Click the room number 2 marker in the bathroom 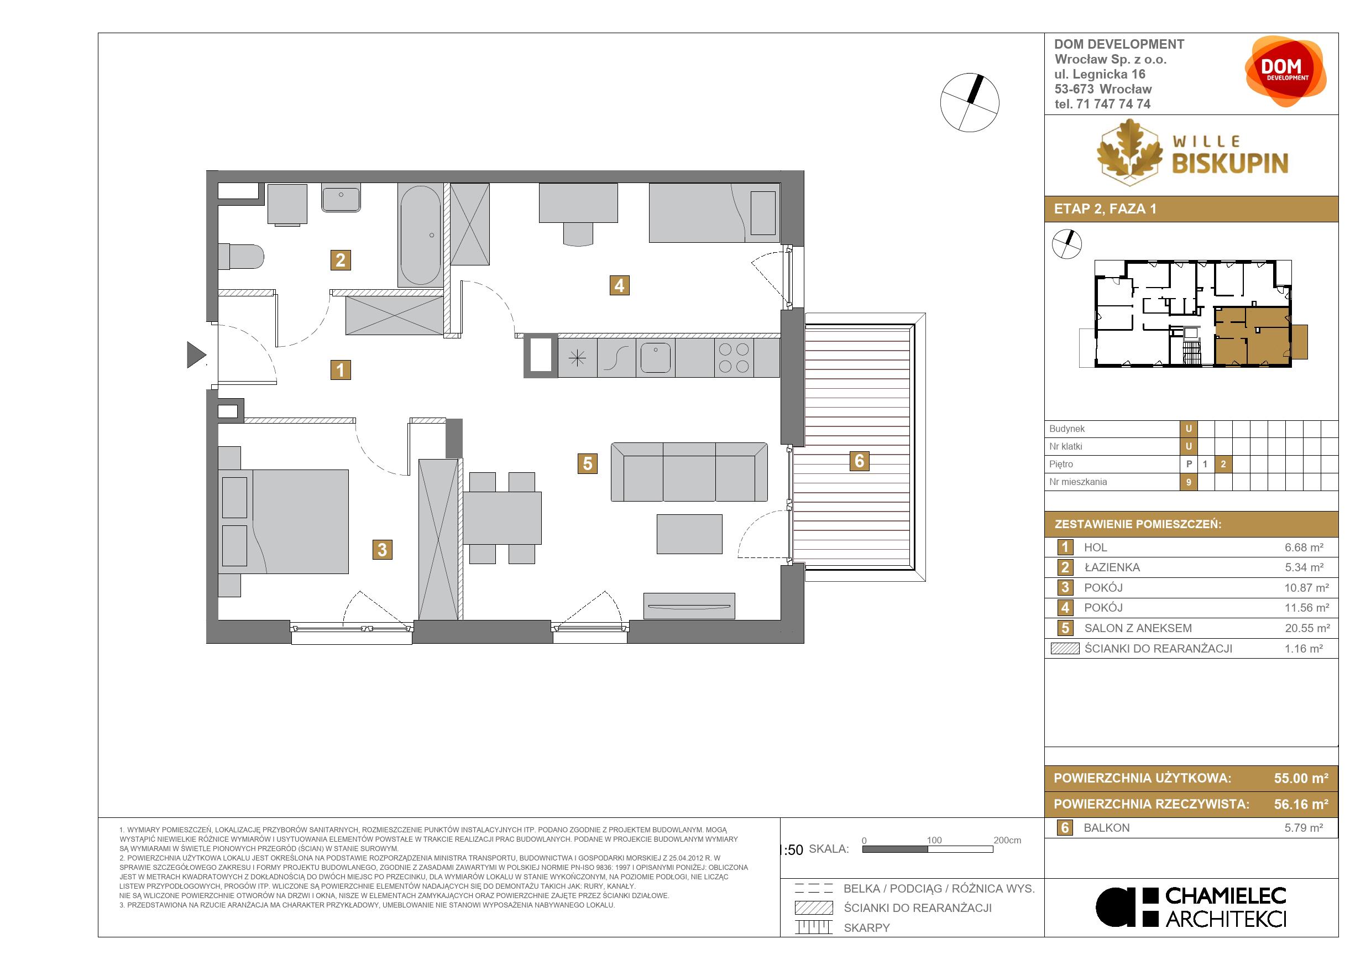(341, 260)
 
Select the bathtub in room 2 (421, 236)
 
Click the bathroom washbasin (341, 197)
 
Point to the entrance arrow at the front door (196, 355)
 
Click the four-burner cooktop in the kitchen (734, 358)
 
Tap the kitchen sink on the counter (656, 358)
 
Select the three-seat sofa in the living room (689, 472)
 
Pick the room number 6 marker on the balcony (859, 461)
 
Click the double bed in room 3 (284, 521)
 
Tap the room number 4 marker (619, 285)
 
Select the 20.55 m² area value (1307, 628)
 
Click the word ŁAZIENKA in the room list (1112, 567)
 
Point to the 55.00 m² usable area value (1301, 778)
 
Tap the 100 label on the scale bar (934, 841)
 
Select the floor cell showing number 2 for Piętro (1223, 464)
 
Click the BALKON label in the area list (1106, 828)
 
